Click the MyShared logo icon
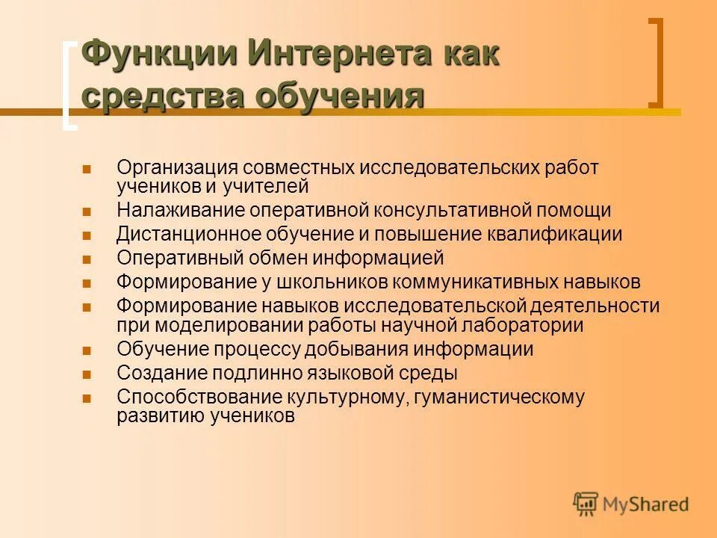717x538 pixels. (x=586, y=504)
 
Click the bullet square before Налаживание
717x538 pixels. (x=87, y=211)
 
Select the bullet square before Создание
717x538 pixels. (x=87, y=374)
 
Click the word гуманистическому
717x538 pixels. (x=499, y=397)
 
